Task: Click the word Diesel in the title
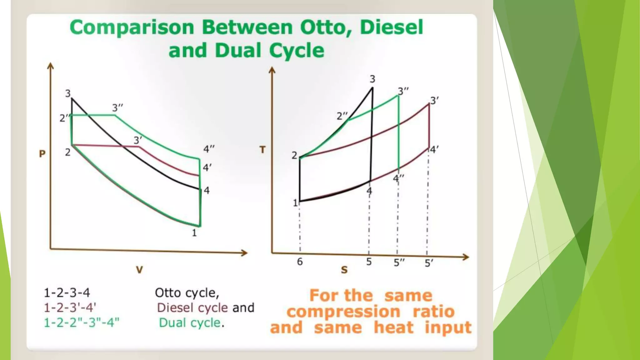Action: tap(392, 27)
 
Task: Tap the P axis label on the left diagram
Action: tap(42, 154)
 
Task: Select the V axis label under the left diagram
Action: tap(139, 270)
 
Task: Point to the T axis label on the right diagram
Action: tap(262, 150)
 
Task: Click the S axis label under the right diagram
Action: tap(344, 270)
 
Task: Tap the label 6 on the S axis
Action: tap(300, 262)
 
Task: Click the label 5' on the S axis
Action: tap(429, 263)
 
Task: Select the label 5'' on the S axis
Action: tap(399, 262)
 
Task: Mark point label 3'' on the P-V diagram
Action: tap(117, 108)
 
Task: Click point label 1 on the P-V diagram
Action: tap(194, 233)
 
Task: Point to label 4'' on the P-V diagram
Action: tap(209, 149)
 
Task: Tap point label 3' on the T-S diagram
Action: tap(434, 101)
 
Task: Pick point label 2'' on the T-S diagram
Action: tap(342, 116)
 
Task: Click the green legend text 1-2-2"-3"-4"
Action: tap(82, 322)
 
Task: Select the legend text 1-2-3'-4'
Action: tap(70, 308)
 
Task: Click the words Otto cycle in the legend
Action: tap(187, 293)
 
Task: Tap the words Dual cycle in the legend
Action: tap(190, 322)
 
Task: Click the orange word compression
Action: tap(343, 312)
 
